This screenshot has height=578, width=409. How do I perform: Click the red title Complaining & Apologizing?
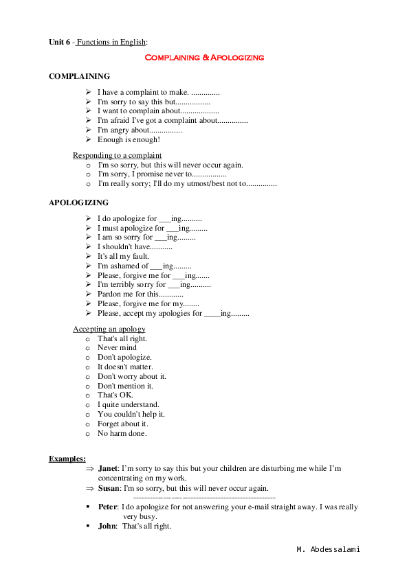tap(204, 58)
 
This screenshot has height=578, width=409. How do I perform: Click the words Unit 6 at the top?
tap(60, 43)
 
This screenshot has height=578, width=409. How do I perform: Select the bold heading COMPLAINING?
tap(79, 77)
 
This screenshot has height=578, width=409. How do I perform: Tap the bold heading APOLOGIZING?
tap(79, 203)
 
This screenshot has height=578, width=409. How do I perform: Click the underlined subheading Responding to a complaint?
tap(118, 155)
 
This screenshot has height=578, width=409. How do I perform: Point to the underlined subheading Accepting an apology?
tap(109, 329)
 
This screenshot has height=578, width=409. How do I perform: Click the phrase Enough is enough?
tap(129, 139)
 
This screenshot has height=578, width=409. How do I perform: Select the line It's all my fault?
tap(123, 256)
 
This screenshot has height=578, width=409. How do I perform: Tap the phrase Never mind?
tap(117, 348)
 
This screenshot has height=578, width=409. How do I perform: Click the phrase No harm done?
tap(122, 433)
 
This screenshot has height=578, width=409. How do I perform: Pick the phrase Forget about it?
tap(122, 424)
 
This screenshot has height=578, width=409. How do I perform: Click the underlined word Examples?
tap(67, 459)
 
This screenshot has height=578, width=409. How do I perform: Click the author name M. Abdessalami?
tap(328, 550)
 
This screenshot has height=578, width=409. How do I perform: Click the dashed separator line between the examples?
tap(204, 496)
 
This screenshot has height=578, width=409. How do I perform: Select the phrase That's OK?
tap(115, 395)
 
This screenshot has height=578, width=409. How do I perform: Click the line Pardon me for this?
tap(135, 294)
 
